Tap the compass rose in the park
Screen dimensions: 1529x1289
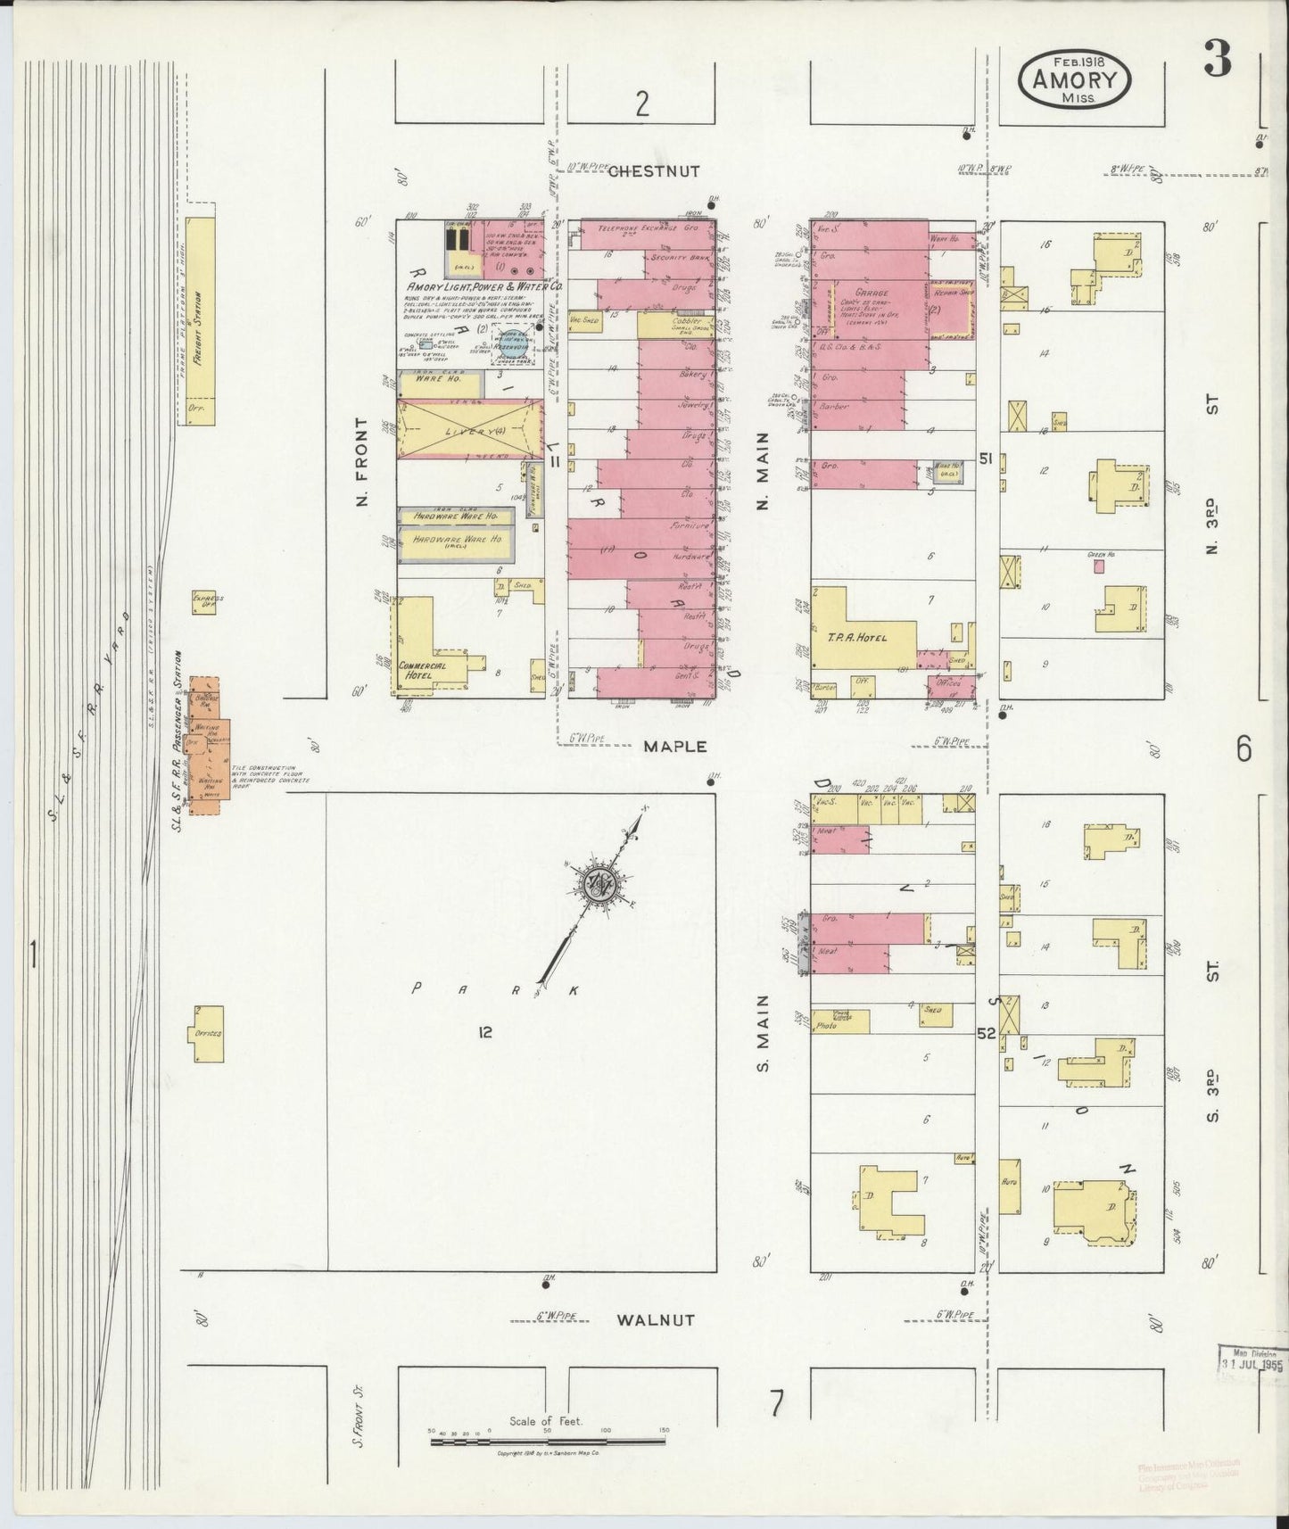[x=594, y=883]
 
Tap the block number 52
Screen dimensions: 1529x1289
[x=985, y=1033]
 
